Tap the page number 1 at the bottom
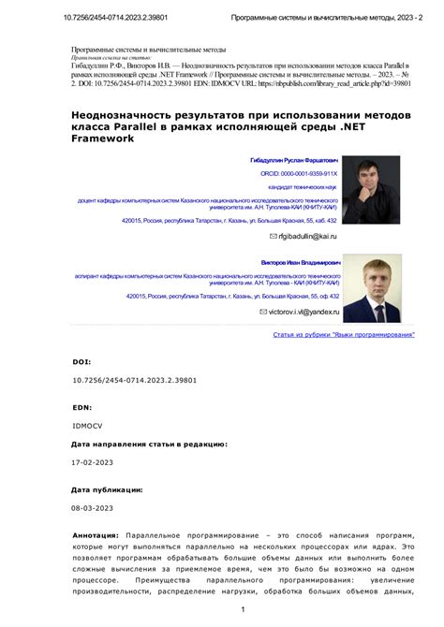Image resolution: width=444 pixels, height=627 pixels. pyautogui.click(x=242, y=610)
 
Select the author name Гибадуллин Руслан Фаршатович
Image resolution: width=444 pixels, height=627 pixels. pyautogui.click(x=292, y=160)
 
